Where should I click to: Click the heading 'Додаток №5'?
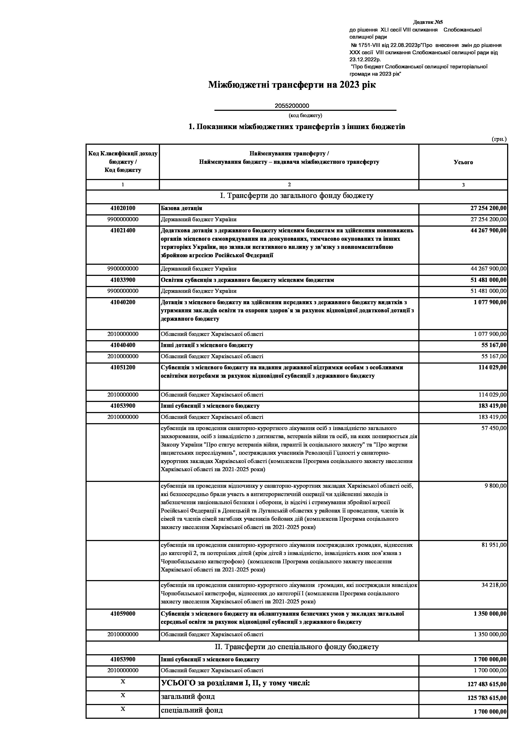[x=428, y=22]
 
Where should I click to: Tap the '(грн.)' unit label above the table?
[x=499, y=139]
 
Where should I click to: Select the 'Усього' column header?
[x=463, y=162]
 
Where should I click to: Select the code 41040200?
[x=123, y=302]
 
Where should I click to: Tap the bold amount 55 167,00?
[x=493, y=345]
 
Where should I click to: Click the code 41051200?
[x=123, y=367]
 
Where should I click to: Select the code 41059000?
[x=123, y=614]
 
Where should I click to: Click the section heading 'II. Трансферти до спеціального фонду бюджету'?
[x=297, y=647]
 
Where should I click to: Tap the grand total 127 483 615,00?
[x=487, y=684]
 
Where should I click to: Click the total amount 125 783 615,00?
[x=487, y=698]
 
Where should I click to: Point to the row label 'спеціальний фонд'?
[x=192, y=710]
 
